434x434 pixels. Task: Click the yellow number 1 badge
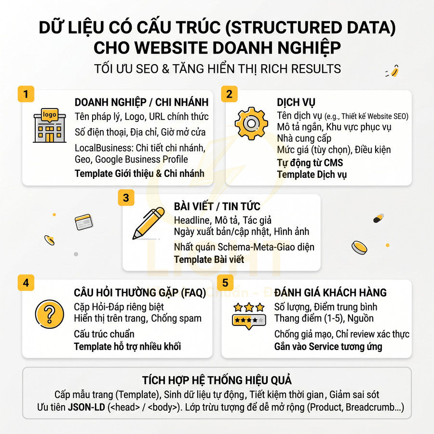(25, 93)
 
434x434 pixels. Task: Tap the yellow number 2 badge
(229, 93)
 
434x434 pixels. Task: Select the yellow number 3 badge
(126, 198)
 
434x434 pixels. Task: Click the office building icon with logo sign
(50, 125)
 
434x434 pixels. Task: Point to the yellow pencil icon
(149, 223)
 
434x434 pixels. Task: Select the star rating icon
(249, 315)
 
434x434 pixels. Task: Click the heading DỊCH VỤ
(296, 103)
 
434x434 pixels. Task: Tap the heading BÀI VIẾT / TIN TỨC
(217, 207)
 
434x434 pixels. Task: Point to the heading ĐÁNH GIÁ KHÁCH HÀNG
(330, 293)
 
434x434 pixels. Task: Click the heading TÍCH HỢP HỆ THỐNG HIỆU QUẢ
(217, 380)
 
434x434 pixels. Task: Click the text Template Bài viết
(209, 259)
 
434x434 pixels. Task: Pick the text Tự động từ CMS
(310, 163)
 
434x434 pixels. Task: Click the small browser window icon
(83, 222)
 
